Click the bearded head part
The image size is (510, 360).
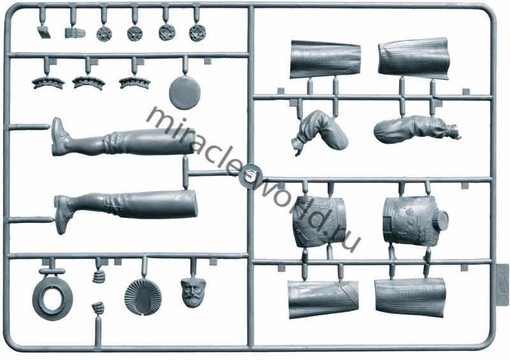pos(194,292)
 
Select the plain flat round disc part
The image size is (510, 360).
pos(184,92)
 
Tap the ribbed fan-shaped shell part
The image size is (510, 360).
pos(143,297)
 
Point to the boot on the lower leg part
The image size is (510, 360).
pos(63,214)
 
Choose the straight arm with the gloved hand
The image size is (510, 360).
pos(417,129)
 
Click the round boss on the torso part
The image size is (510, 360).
pos(440,220)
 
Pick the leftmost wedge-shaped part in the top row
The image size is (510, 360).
pos(43,32)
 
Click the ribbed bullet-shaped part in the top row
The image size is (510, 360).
pos(75,33)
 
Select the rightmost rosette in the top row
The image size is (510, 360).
pos(198,33)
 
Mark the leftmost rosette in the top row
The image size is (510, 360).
pos(105,34)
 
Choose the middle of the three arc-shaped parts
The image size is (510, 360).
pos(88,83)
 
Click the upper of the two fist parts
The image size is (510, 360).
pos(98,277)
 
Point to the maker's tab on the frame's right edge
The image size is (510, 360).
pos(503,284)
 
